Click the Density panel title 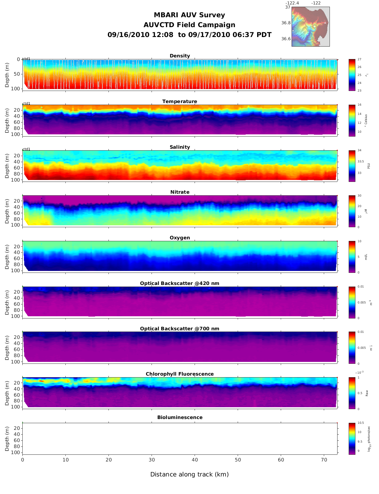pos(180,56)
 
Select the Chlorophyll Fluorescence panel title pos(180,374)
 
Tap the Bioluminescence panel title pos(180,417)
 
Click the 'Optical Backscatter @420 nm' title pos(180,283)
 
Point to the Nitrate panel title pos(180,192)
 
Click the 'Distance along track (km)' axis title pos(189,475)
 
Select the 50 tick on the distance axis pos(238,460)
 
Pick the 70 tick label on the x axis pos(324,460)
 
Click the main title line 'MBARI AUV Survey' pos(189,15)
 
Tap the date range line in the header pos(189,35)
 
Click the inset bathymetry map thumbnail pos(310,26)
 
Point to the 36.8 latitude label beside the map pos(286,23)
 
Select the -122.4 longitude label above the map pos(292,3)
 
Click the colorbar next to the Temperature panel pos(352,120)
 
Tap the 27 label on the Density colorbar pos(360,59)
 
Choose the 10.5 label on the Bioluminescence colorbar pos(360,423)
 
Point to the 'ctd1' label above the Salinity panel pos(26,149)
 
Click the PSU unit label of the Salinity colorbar pos(369,166)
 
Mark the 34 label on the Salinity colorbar pos(360,150)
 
